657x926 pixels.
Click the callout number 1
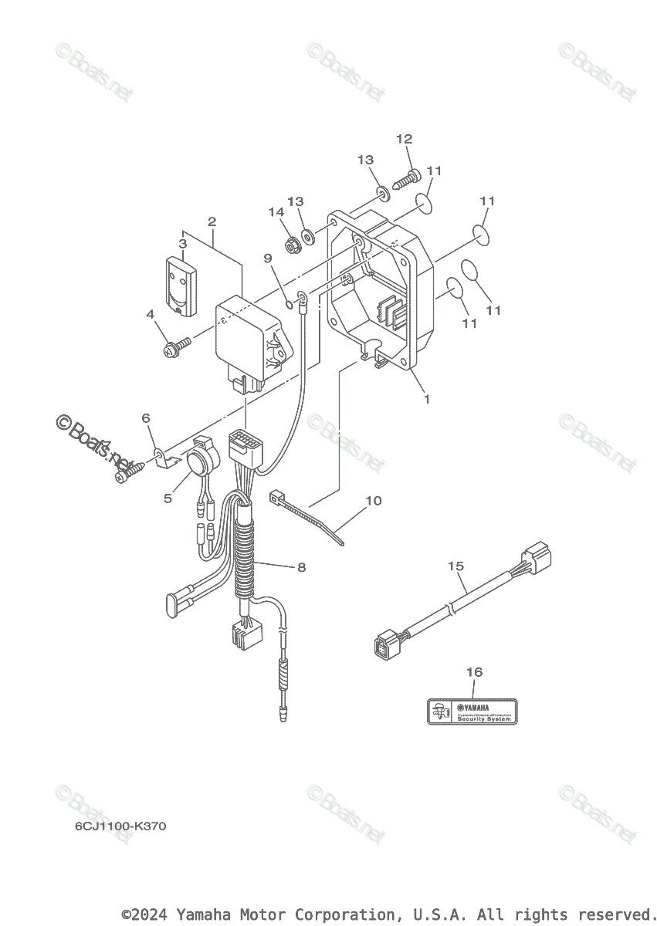(x=426, y=400)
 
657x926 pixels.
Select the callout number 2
(x=212, y=221)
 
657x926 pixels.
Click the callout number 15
(x=455, y=566)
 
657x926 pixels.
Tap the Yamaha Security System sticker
(x=472, y=711)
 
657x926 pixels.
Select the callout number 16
(x=474, y=672)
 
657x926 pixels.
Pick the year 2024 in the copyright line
(x=156, y=915)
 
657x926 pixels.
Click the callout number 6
(x=145, y=417)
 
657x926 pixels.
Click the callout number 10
(x=373, y=500)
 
